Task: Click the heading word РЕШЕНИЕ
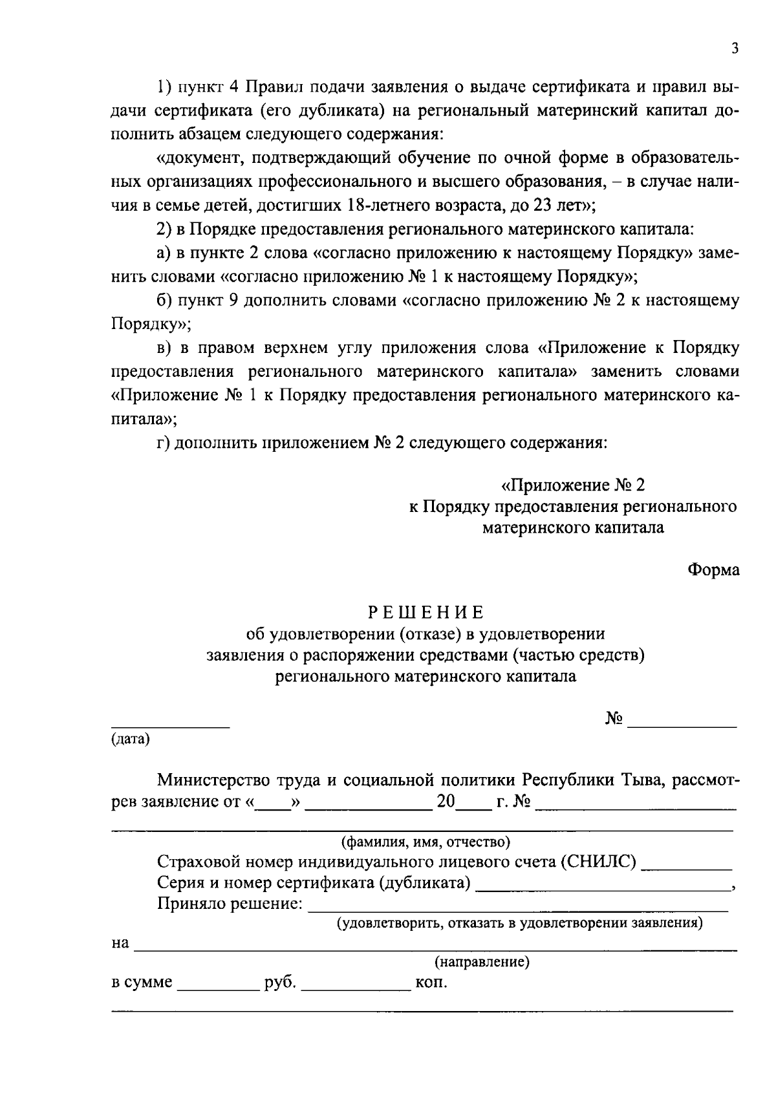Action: [426, 612]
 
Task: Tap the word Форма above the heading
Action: [713, 571]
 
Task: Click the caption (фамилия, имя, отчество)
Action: [426, 842]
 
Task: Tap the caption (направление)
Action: [482, 962]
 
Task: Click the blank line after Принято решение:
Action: [517, 910]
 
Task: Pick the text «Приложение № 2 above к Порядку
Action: [573, 485]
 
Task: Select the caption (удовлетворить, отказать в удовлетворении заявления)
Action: [519, 923]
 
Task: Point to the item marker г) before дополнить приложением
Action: [164, 443]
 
